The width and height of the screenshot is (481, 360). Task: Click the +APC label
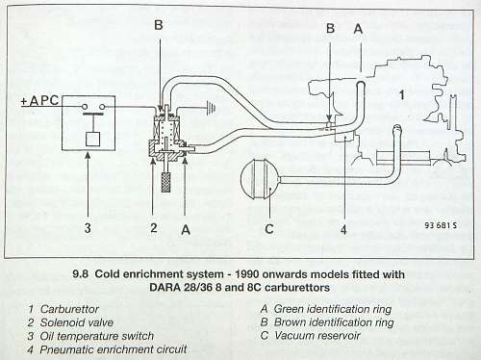coord(39,100)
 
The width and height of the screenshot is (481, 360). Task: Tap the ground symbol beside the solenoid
coord(210,108)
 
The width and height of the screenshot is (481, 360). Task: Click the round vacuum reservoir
coord(259,178)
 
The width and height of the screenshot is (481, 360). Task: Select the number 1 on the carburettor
coord(401,95)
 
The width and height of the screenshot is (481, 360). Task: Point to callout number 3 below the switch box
coord(88,228)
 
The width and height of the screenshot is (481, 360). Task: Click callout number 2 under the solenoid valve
coord(154,228)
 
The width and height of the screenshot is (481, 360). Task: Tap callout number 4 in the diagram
coord(343,230)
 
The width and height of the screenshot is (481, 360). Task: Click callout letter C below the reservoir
coord(269,229)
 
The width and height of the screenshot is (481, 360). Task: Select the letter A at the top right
coord(358,29)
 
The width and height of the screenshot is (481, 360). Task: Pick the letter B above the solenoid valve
coord(159,25)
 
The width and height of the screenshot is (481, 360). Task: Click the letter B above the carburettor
coord(330,29)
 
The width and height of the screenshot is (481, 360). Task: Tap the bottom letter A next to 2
coord(186,230)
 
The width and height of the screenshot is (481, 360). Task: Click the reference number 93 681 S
coord(441,225)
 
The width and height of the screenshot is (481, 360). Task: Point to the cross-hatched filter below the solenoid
coord(165,182)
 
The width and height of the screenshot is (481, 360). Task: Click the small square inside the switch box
coord(93,139)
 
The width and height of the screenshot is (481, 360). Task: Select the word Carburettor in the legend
coord(69,309)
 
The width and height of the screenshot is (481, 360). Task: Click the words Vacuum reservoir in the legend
coord(317,336)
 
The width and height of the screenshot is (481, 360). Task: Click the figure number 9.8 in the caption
coord(80,274)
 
